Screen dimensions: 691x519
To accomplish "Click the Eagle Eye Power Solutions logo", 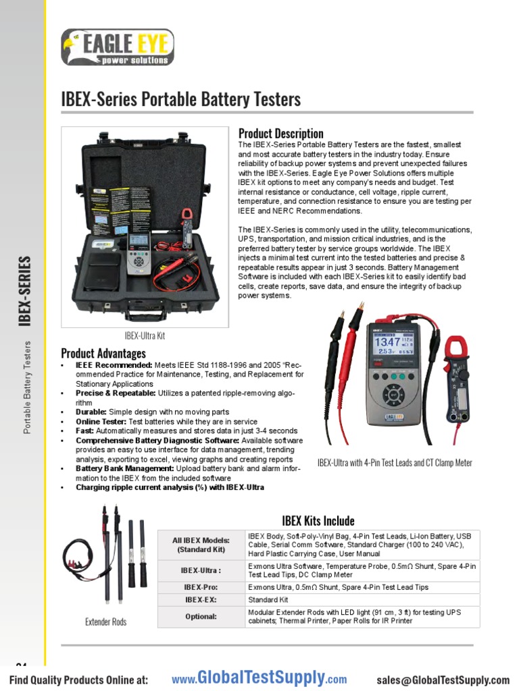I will pos(117,47).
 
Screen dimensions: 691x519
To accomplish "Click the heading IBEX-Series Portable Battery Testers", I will pos(180,100).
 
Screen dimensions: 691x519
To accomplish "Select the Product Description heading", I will pos(280,133).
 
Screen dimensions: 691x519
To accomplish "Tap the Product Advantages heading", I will pos(103,353).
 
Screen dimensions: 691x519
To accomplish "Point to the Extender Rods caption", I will pos(106,621).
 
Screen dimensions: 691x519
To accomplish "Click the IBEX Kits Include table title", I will pos(318,520).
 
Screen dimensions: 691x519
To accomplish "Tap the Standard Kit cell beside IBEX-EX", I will pos(268,599).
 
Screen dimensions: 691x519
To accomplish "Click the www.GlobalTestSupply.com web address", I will pos(259,679).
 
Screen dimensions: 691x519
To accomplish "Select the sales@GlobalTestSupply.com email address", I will pos(443,680).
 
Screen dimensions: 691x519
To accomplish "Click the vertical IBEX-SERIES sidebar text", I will pos(25,290).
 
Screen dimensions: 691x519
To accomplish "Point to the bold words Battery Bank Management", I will pos(116,468).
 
